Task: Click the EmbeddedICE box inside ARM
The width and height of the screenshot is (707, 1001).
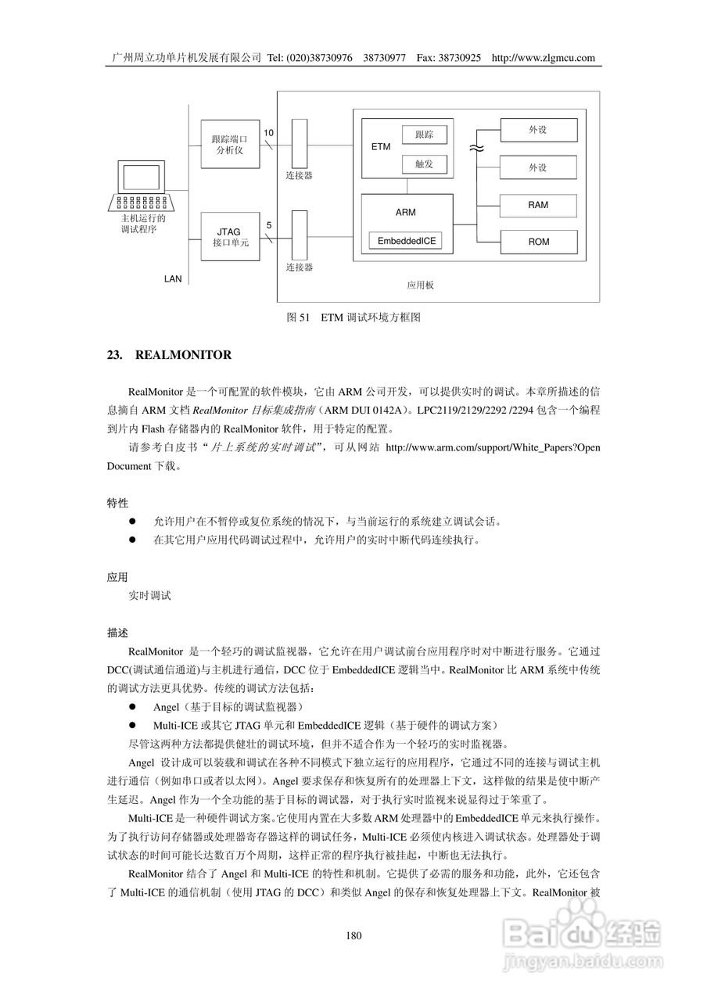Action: [406, 242]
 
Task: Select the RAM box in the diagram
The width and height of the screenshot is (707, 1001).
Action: [538, 205]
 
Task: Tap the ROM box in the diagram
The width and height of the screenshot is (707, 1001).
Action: [538, 242]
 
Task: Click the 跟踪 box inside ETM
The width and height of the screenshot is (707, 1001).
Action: [424, 135]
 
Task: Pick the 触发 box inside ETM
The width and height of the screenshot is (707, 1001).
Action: [424, 163]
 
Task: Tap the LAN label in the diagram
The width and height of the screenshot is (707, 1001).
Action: [173, 278]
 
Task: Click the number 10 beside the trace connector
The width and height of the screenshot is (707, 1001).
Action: [268, 133]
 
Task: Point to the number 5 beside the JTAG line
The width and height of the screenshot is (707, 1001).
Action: [269, 226]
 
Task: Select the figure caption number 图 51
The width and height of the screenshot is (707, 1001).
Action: [299, 318]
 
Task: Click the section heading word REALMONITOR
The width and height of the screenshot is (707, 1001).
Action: [183, 355]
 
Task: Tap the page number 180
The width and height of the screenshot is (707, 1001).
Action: [353, 936]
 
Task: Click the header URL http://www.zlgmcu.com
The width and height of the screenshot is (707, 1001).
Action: [544, 58]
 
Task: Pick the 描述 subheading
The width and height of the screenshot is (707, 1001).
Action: [117, 631]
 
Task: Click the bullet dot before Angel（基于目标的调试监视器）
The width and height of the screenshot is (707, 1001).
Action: [133, 707]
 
